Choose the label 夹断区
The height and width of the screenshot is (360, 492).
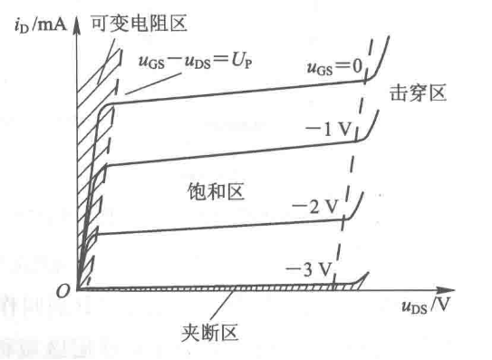(x=207, y=331)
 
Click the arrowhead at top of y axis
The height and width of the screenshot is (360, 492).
(x=79, y=22)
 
